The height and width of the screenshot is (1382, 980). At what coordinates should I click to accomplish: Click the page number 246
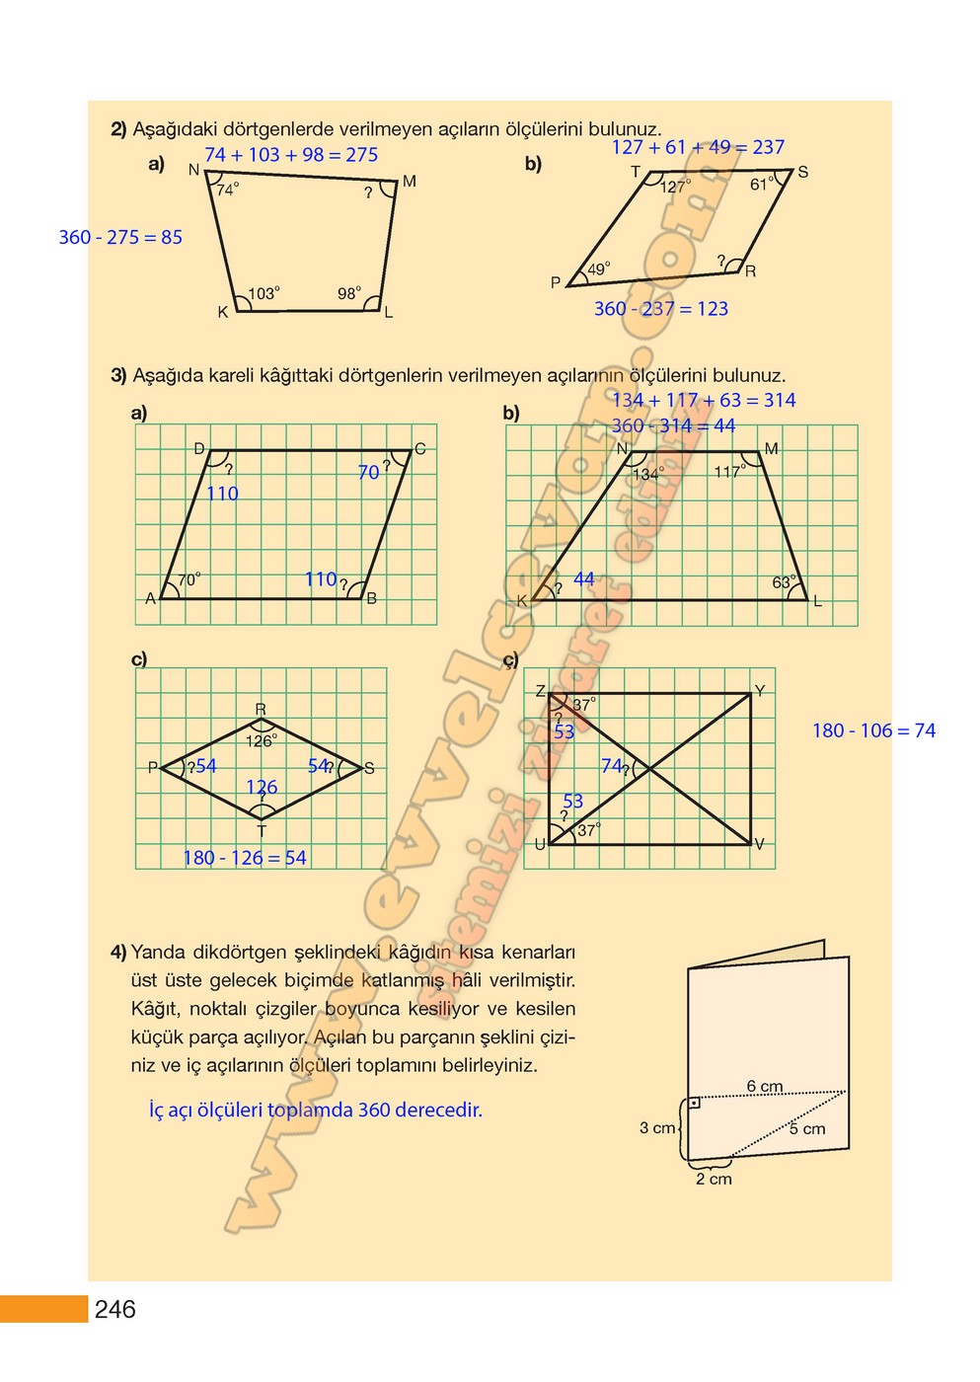(114, 1309)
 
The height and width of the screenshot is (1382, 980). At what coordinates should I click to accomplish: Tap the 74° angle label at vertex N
(228, 190)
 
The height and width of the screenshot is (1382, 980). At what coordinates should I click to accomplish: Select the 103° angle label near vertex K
(264, 293)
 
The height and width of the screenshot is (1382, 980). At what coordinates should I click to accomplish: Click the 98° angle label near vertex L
(349, 293)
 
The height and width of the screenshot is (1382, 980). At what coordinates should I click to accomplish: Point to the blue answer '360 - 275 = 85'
(120, 237)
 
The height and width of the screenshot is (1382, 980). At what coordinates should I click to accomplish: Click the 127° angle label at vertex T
(675, 187)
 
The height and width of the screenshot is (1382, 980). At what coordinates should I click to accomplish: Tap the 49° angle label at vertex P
(599, 269)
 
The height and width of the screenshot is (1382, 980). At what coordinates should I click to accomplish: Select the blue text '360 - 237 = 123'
(660, 309)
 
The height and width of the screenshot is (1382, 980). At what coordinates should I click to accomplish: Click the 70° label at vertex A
(189, 579)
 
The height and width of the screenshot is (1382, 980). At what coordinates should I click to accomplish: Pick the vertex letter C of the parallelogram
(419, 449)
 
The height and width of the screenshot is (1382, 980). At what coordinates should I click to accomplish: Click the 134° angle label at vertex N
(648, 474)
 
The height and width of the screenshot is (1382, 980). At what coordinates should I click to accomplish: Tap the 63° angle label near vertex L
(784, 582)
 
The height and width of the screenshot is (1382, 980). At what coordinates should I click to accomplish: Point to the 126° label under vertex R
(262, 740)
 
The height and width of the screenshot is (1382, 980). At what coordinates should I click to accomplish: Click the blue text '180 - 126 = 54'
(245, 858)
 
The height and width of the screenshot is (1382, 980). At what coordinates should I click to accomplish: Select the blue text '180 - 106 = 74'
(873, 730)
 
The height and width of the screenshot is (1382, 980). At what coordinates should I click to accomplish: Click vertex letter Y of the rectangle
(759, 691)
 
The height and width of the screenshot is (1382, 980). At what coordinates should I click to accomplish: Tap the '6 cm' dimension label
(764, 1087)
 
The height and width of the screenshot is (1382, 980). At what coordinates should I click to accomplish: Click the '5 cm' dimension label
(806, 1128)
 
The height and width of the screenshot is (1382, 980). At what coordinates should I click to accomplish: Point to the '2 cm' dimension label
(714, 1179)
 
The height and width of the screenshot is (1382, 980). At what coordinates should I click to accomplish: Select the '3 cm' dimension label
(657, 1127)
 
